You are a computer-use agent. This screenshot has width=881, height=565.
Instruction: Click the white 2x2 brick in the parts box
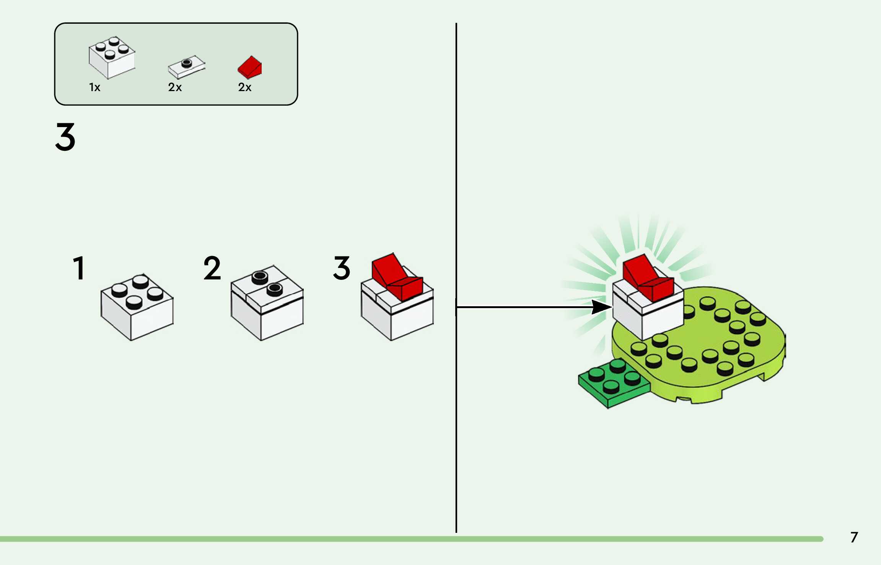112,59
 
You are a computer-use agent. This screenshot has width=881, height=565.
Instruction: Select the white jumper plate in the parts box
187,67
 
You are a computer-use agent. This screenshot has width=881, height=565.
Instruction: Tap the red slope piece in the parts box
250,67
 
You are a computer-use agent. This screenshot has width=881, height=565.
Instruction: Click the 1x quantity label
94,87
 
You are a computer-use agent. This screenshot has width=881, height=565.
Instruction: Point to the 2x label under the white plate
175,87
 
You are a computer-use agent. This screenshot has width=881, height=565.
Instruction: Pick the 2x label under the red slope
245,87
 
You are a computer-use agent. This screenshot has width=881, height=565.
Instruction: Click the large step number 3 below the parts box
65,137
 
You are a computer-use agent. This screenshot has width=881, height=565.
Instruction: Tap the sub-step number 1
79,268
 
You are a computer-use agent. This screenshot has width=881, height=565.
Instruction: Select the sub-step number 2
212,268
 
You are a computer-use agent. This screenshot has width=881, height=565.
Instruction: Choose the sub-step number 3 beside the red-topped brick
342,268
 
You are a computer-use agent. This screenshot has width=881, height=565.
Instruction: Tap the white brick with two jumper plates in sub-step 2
267,310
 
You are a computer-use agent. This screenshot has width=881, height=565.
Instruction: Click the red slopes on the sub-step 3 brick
396,278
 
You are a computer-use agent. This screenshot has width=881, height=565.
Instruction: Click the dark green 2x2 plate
612,383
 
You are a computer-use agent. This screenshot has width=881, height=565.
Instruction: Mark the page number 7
854,537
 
